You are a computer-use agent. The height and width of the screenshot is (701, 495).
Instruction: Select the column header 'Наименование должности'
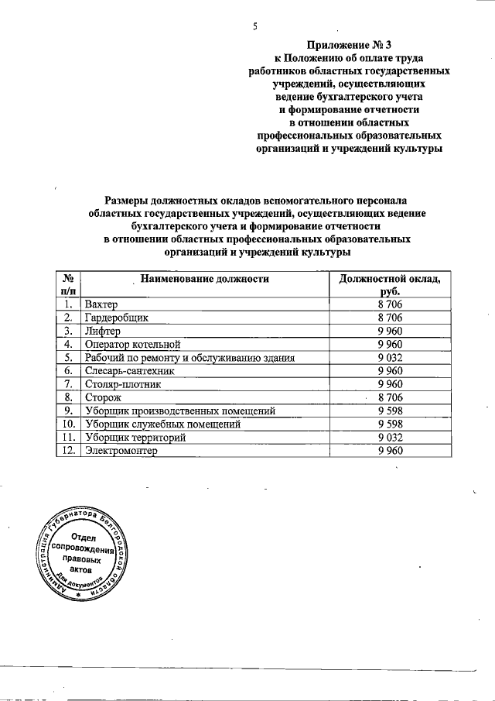(x=204, y=278)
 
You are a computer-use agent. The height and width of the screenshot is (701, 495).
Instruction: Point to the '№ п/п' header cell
(x=69, y=284)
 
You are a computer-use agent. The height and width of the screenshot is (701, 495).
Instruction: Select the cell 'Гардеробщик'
(x=116, y=318)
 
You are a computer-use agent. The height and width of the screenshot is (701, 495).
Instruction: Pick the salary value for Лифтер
(x=390, y=331)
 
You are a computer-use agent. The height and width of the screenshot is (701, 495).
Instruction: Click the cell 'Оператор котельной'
(x=133, y=344)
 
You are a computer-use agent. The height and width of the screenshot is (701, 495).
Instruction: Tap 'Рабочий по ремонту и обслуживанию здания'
(x=190, y=358)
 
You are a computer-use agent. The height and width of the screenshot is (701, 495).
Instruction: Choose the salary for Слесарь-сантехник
(x=390, y=371)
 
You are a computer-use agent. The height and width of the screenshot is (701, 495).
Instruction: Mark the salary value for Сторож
(x=390, y=397)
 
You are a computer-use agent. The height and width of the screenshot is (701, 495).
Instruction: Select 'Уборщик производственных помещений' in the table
(x=180, y=411)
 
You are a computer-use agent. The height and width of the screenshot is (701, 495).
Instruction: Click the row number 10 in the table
(x=69, y=424)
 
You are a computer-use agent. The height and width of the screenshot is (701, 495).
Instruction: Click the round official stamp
(x=82, y=555)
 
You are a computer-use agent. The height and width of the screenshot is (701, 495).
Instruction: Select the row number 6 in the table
(x=69, y=371)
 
